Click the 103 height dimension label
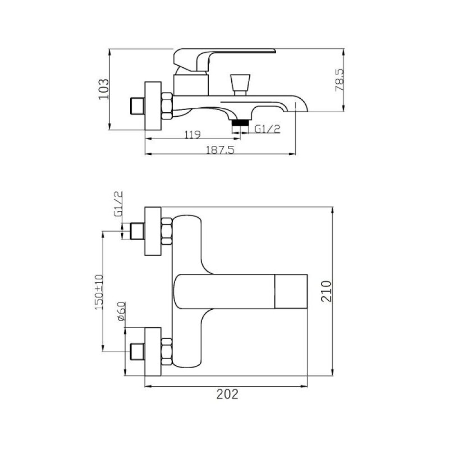pos(104,89)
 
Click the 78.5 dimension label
pos(340,80)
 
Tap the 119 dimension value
pos(193,134)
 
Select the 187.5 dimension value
pos(220,150)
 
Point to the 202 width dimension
pos(227,395)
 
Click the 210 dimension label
pos(326,291)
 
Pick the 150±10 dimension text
pos(99,292)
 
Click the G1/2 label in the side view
pos(267,129)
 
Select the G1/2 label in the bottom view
pos(118,204)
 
